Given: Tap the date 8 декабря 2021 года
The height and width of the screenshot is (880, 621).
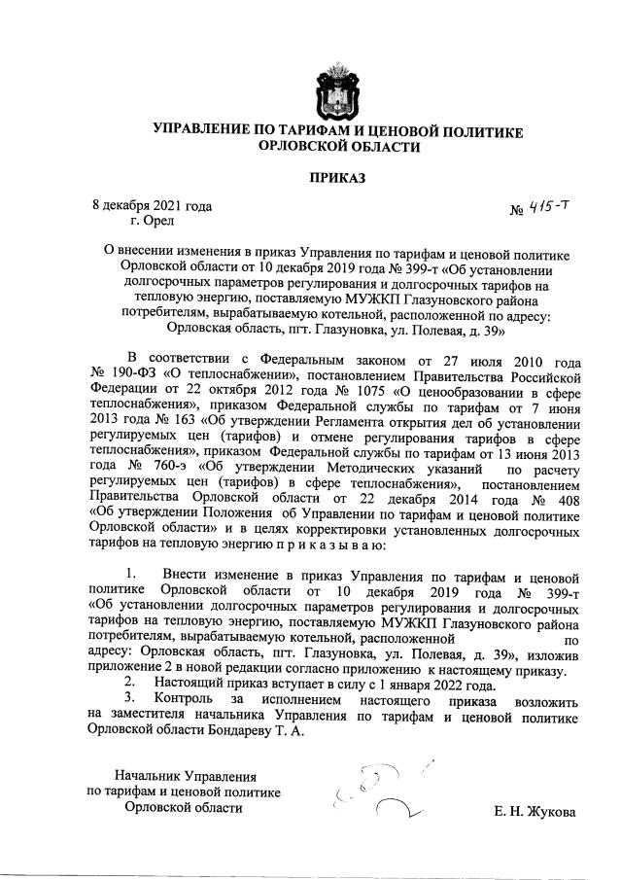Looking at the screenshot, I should [x=152, y=205].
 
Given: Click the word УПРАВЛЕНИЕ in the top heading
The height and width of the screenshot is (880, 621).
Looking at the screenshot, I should [x=210, y=130].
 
